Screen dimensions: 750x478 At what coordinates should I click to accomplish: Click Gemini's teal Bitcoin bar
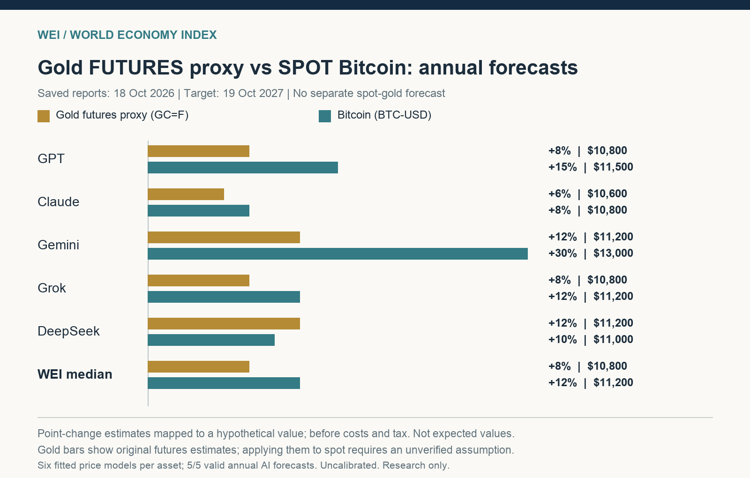click(x=337, y=254)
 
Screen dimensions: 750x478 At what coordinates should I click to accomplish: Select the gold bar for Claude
click(x=186, y=194)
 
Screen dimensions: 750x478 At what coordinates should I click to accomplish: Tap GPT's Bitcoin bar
click(x=243, y=167)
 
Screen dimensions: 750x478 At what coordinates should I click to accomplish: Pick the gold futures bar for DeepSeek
click(x=224, y=323)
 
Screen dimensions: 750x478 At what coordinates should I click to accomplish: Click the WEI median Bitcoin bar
click(x=224, y=383)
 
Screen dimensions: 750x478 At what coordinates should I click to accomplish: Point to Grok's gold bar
click(x=199, y=281)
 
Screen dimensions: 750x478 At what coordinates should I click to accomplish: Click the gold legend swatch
click(x=44, y=116)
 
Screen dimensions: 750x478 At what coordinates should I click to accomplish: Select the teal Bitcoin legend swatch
click(x=325, y=116)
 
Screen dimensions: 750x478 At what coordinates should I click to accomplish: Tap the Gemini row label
click(x=58, y=245)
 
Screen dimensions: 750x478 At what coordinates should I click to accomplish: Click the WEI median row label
click(x=75, y=374)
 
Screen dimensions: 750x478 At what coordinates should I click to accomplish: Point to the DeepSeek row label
click(x=68, y=331)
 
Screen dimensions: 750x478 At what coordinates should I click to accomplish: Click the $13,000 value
click(x=614, y=253)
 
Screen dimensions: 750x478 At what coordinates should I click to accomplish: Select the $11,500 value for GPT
click(x=614, y=167)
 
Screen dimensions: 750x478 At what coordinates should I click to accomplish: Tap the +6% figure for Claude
click(x=560, y=194)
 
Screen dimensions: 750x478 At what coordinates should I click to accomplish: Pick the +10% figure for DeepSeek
click(x=562, y=339)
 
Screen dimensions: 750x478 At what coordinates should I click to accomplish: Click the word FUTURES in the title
click(x=136, y=67)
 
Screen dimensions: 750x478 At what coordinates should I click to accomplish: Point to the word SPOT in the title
click(x=305, y=67)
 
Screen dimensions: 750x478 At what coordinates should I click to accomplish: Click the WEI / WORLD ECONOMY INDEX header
click(x=127, y=35)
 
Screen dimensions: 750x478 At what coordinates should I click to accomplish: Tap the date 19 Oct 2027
click(x=253, y=93)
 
